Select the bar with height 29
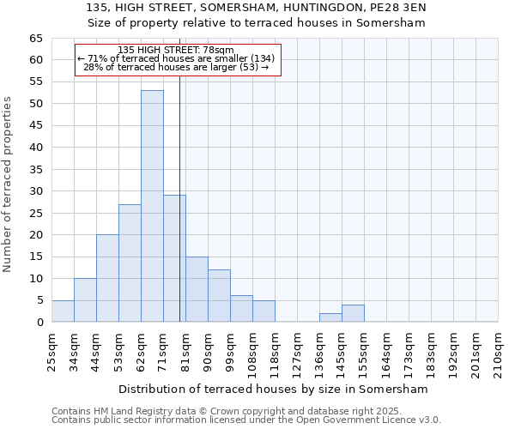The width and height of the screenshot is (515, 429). click(174, 258)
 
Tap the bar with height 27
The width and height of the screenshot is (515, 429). click(130, 263)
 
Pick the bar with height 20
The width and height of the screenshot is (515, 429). click(107, 278)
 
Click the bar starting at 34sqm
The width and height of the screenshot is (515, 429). click(85, 299)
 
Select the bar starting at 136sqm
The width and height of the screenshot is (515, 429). click(330, 317)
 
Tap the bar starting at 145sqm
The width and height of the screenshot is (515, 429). click(353, 313)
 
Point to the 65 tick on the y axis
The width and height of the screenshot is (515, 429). click(36, 39)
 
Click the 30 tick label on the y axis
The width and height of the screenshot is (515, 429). click(36, 191)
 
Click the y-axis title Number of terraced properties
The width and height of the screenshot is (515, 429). click(9, 184)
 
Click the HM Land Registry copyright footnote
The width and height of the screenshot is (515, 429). click(221, 411)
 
